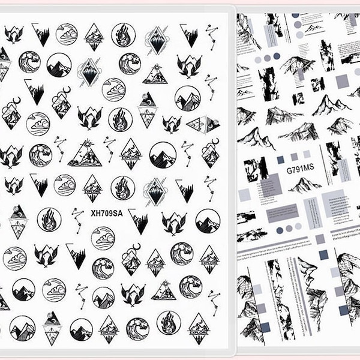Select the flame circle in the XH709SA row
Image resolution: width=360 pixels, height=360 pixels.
[x=49, y=220]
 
